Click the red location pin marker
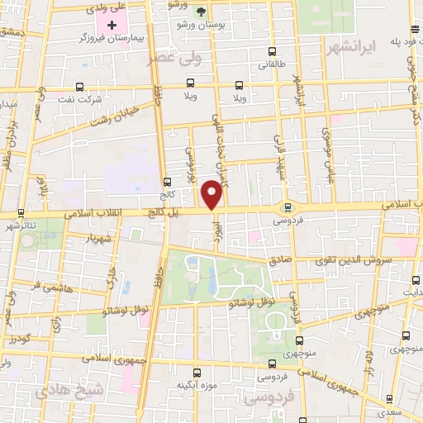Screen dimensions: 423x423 [x=212, y=194]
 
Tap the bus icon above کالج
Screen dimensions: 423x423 [x=167, y=182]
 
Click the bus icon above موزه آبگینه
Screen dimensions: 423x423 [x=197, y=373]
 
